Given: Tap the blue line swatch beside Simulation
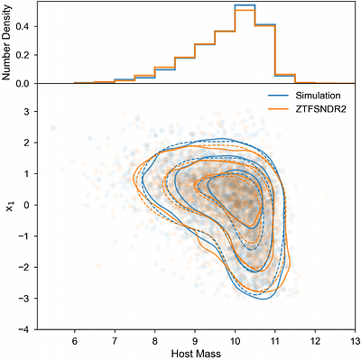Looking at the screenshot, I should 280,93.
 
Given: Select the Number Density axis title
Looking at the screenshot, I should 8,43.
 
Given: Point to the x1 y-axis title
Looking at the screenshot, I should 9,207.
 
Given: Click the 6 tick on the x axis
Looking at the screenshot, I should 74,339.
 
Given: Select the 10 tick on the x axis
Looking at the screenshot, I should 234,339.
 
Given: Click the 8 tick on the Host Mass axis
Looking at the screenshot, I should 154,339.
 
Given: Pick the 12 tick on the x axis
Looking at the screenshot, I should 314,339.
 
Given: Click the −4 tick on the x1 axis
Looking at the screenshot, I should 27,330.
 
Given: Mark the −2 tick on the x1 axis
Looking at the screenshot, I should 27,268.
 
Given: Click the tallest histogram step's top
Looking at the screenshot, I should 244,5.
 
